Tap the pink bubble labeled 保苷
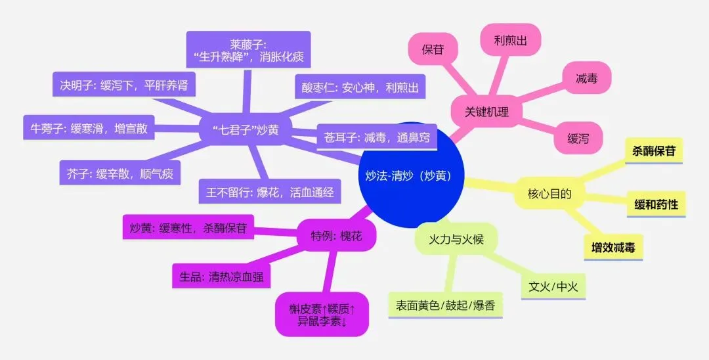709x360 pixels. [433, 49]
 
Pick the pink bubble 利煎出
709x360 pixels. [510, 40]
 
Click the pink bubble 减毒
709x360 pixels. [586, 78]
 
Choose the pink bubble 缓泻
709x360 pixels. [578, 138]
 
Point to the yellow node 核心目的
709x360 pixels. [549, 194]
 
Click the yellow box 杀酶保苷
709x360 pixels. [653, 151]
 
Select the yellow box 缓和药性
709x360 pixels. [656, 204]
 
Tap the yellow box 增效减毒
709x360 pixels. [613, 248]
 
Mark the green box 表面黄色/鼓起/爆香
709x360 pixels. [445, 305]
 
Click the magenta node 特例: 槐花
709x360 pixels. [336, 236]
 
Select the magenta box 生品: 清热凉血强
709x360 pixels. [221, 277]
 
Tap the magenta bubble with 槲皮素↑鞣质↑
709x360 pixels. [322, 314]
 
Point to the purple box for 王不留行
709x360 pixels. [270, 192]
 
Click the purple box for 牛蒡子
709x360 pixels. [89, 128]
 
